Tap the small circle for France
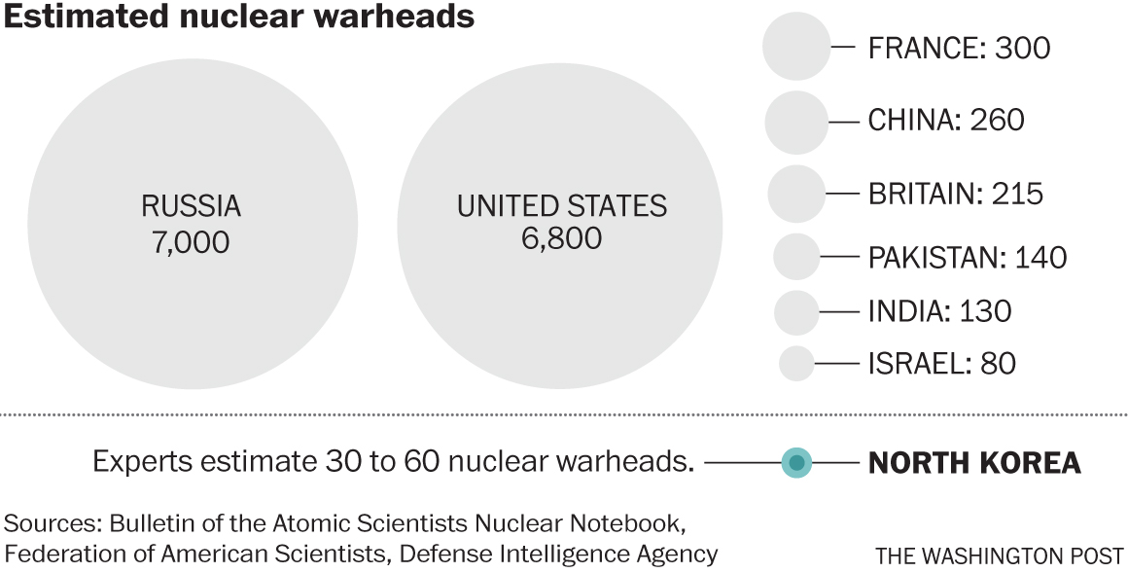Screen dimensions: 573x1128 tap(796, 46)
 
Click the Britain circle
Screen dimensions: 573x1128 tap(796, 193)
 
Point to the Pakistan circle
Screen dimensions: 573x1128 tap(796, 257)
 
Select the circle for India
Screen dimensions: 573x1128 tap(796, 311)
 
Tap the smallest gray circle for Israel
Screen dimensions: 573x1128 tap(796, 363)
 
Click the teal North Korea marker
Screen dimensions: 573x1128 tap(796, 462)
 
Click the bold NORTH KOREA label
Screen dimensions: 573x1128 tap(973, 463)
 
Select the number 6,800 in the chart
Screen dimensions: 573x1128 tap(561, 237)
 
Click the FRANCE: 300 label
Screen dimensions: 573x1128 tap(959, 47)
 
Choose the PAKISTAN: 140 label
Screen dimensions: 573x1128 tap(967, 257)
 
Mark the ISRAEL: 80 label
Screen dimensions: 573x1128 tap(941, 363)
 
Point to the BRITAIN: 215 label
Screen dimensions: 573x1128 tap(955, 193)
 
